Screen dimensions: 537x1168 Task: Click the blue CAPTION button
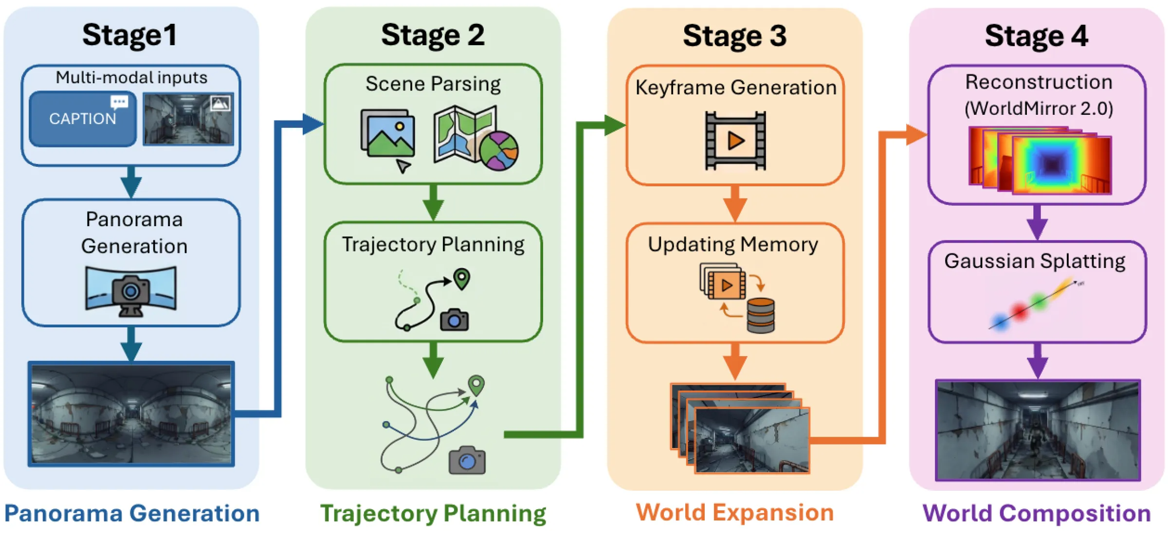click(x=82, y=119)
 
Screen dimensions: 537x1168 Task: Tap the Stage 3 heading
click(x=734, y=36)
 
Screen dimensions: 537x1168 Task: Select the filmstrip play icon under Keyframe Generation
click(x=735, y=141)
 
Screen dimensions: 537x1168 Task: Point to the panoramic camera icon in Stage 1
click(x=130, y=290)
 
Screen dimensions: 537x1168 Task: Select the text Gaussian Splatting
click(x=1035, y=261)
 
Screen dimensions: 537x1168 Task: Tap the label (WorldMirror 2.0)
click(x=1039, y=108)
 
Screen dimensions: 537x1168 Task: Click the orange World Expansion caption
click(x=735, y=513)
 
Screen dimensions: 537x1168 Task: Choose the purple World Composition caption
click(x=1037, y=513)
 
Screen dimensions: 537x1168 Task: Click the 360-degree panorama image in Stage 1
click(x=131, y=414)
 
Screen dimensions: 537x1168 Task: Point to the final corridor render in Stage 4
click(x=1038, y=430)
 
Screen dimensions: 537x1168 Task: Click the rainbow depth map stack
click(x=1041, y=161)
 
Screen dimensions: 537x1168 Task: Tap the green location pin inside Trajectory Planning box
click(x=461, y=279)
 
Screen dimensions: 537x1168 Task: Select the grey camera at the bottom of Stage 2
click(x=467, y=460)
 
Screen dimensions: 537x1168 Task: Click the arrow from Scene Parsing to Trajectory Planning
click(x=433, y=202)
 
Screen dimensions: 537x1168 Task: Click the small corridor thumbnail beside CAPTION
click(x=188, y=119)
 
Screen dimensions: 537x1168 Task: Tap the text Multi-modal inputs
click(x=131, y=78)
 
